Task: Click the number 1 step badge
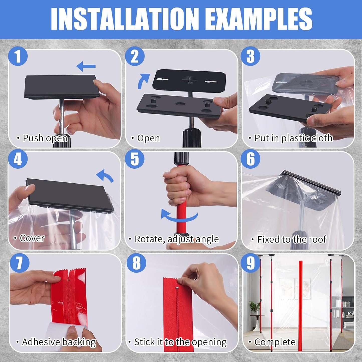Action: [18, 56]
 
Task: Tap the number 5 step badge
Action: [135, 159]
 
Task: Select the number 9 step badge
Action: [251, 263]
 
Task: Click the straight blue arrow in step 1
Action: [86, 66]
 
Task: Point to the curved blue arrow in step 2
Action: [143, 81]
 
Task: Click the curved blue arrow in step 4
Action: [105, 175]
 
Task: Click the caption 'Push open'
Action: [45, 138]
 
